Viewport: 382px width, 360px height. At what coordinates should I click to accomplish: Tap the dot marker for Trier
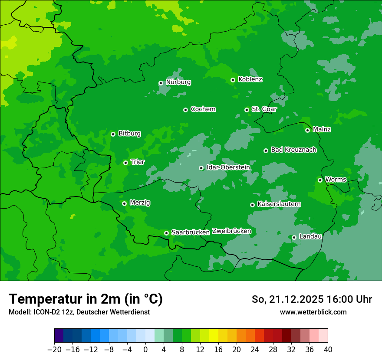pos(125,163)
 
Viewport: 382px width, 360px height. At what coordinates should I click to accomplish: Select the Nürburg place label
pos(178,82)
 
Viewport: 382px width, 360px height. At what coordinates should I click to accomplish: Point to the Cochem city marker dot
pos(185,110)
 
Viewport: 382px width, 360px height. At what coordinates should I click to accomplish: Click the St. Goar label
pos(264,109)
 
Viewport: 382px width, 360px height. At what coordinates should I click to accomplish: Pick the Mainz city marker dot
pos(307,130)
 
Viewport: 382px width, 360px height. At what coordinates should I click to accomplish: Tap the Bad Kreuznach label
pos(293,150)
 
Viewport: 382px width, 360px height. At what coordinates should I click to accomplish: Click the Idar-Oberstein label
pos(228,167)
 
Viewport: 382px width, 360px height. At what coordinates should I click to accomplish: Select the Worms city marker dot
pos(320,180)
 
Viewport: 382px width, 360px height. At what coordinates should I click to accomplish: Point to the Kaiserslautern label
pos(279,204)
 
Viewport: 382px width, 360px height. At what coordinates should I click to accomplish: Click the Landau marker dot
pos(294,237)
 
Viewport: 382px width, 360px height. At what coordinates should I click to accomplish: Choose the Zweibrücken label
pos(231,231)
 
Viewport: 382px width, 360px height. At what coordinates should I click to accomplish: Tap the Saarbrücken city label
pos(191,232)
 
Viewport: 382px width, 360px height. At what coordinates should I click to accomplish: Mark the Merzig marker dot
pos(124,203)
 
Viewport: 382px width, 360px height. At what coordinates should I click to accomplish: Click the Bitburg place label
pos(129,134)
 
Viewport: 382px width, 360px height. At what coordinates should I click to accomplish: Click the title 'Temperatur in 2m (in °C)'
pos(86,299)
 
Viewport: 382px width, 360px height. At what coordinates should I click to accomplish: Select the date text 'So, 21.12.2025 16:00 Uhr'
pos(312,299)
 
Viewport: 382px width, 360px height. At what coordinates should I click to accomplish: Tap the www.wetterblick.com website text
pos(313,312)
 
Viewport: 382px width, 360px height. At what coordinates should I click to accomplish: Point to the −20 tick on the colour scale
pos(54,350)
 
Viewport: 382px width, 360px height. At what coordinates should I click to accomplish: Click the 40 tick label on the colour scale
pos(328,350)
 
